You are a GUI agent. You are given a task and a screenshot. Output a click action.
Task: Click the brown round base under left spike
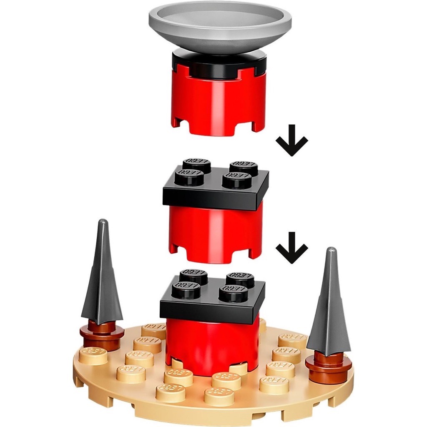(102, 334)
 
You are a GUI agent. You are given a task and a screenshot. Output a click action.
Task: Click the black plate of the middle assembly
(215, 190)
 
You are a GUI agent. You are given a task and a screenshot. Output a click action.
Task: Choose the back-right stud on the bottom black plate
(240, 279)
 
